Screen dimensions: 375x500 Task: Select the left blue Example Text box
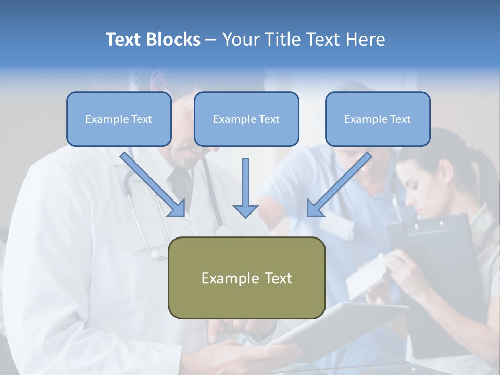[119, 119]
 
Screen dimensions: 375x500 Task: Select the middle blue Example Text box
[246, 119]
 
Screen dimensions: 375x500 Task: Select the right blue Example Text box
[378, 119]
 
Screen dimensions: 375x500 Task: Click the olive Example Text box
[246, 278]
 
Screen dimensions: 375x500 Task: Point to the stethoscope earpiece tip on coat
[155, 255]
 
